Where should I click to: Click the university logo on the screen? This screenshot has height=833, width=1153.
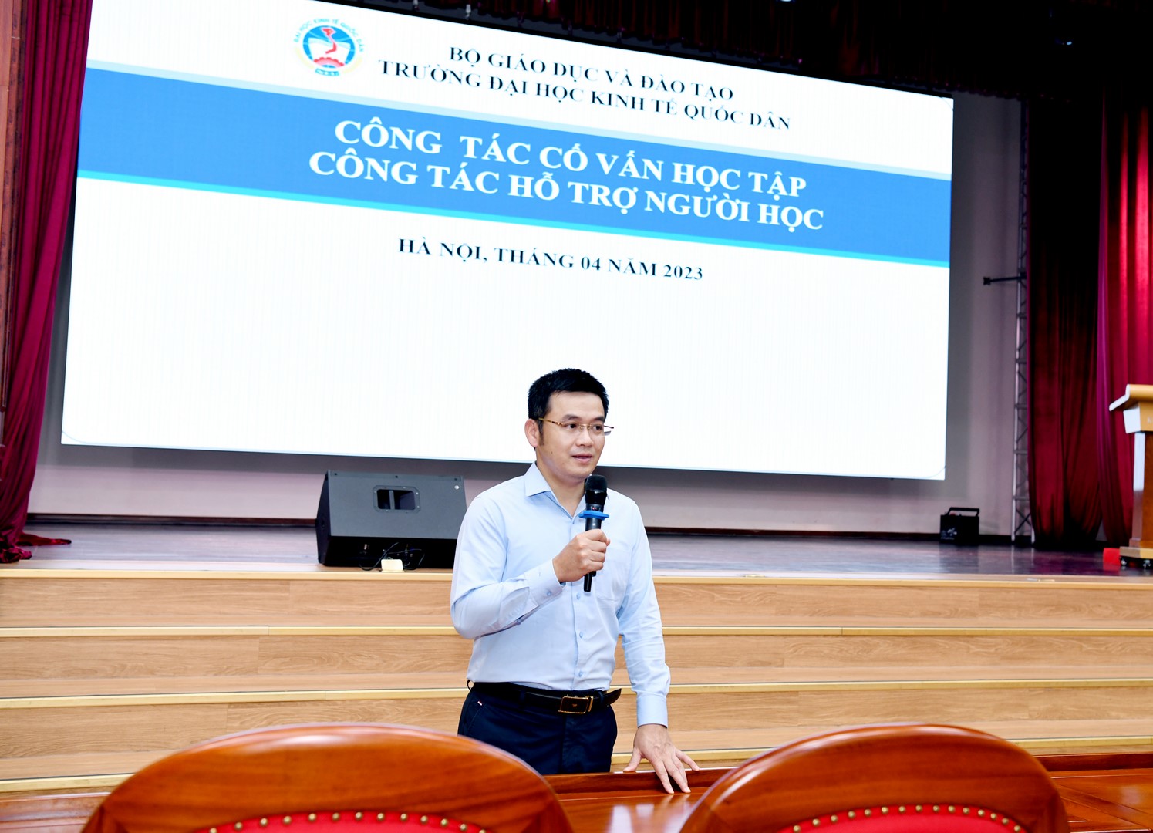(x=329, y=47)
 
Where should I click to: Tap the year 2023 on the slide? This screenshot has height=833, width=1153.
(x=683, y=271)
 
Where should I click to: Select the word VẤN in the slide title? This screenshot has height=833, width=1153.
(x=629, y=167)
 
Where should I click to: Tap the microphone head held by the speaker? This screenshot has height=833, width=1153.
(x=595, y=491)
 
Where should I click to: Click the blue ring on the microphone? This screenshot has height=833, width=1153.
(x=594, y=514)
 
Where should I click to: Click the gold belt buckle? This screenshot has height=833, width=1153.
(x=575, y=703)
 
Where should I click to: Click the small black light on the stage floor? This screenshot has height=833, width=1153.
(x=959, y=526)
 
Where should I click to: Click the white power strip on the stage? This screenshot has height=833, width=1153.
(x=391, y=565)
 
